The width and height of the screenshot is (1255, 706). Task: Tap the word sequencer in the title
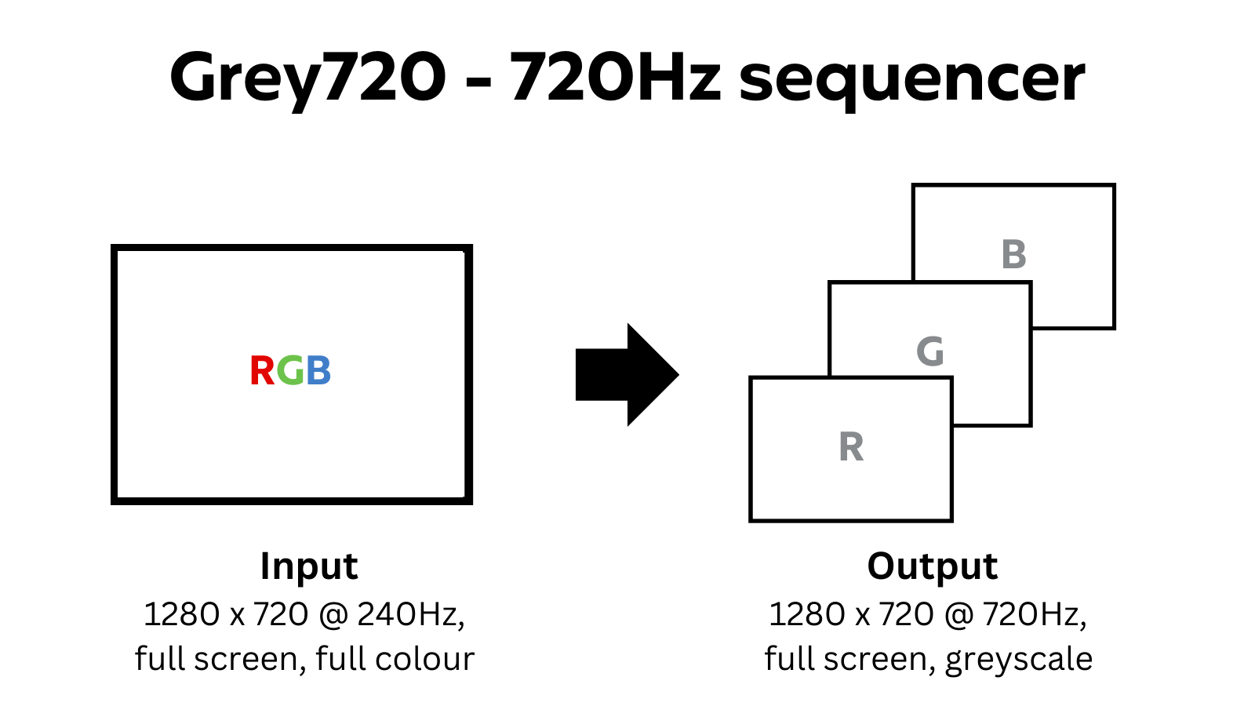point(911,80)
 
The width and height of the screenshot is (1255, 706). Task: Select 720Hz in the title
point(615,77)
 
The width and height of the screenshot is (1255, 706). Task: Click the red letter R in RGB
point(262,371)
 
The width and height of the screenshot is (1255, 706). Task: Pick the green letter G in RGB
point(290,371)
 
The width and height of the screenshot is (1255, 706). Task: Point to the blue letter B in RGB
point(318,371)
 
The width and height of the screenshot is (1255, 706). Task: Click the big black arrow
point(627,375)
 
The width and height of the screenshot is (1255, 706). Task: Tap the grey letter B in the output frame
point(1013,255)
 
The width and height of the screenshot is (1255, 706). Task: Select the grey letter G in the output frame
point(930,351)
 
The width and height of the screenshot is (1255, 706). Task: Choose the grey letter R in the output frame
point(851,448)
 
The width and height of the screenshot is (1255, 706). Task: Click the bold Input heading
point(309,566)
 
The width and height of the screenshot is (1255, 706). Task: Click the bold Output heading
point(932,566)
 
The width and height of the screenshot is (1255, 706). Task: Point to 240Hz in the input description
point(410,614)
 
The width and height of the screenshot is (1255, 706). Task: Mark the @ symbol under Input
point(333,615)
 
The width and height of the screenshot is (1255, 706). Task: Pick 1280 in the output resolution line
point(808,614)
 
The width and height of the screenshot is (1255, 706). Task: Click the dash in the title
point(478,82)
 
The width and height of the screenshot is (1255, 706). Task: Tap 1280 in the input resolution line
point(182,614)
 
